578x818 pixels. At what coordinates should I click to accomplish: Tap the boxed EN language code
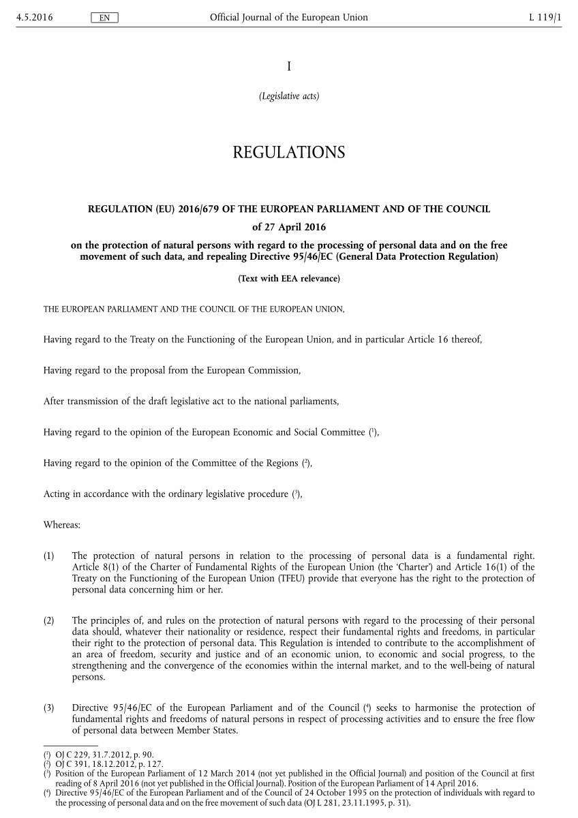(x=104, y=18)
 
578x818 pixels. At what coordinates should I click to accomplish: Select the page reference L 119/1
(x=545, y=17)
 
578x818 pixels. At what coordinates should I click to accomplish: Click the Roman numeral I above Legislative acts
(x=288, y=66)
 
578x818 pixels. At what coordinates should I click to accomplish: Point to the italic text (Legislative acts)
(x=288, y=96)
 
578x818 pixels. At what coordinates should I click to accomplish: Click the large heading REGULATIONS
(x=288, y=152)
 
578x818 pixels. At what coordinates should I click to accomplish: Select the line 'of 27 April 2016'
(x=288, y=226)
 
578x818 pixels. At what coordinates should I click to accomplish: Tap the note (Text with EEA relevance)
(x=288, y=278)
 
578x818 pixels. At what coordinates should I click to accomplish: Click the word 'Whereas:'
(x=62, y=526)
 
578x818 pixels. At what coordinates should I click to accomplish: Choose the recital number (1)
(x=48, y=556)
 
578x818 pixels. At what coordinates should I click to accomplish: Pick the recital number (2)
(x=48, y=621)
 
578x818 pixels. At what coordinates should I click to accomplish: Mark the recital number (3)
(x=48, y=708)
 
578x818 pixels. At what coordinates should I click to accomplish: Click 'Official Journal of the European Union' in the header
(x=288, y=17)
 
